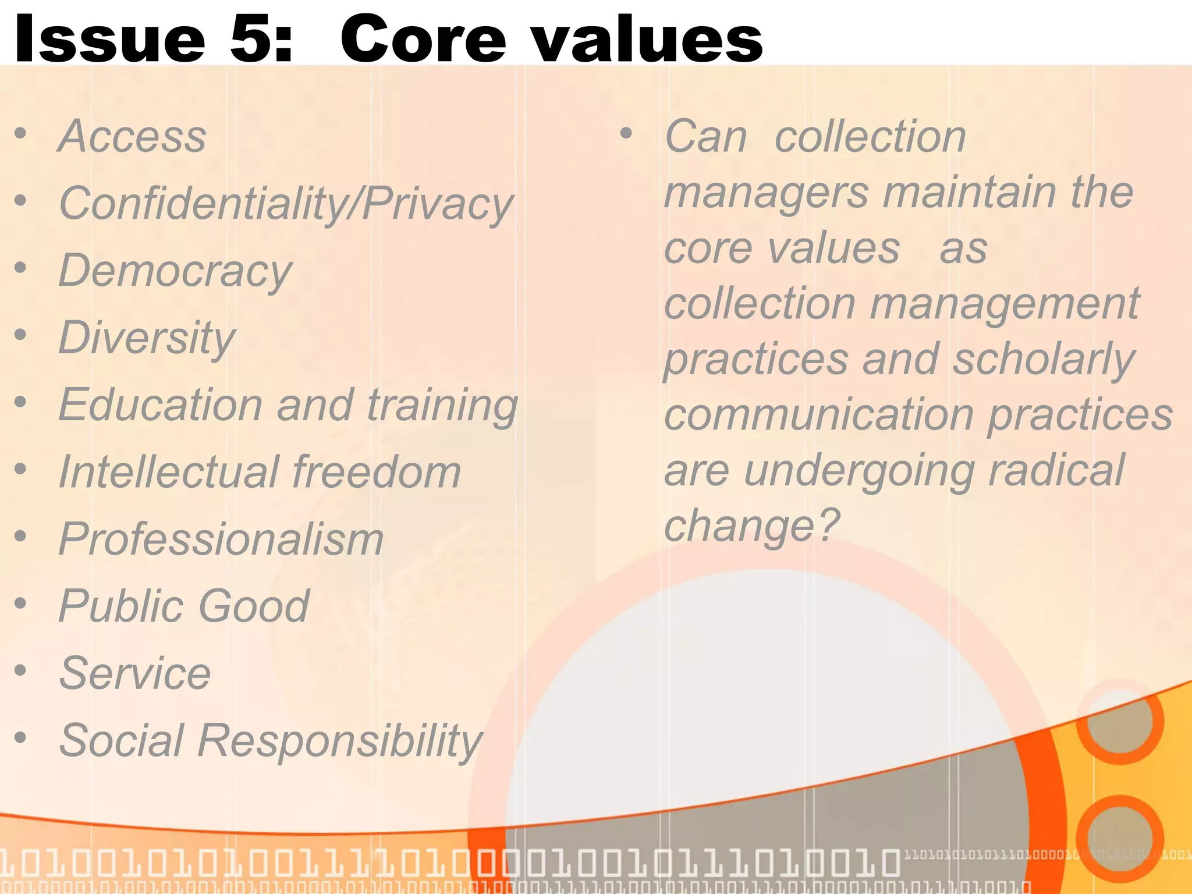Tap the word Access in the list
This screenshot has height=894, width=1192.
[133, 137]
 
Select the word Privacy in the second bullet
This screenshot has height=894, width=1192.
[438, 204]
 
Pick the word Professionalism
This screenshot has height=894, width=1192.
[221, 540]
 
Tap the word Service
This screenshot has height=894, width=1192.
[135, 673]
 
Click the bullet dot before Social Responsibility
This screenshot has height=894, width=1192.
[21, 737]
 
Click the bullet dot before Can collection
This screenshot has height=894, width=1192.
[626, 134]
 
